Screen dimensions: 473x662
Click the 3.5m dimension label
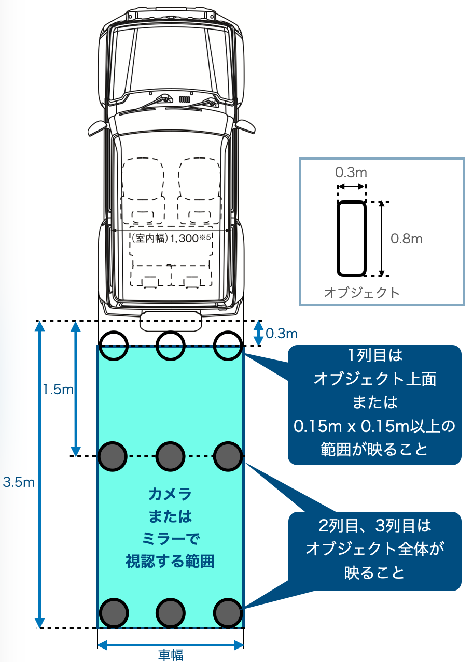coord(19,482)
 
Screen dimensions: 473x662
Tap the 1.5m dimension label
coord(58,389)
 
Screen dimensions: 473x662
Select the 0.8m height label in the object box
coord(407,238)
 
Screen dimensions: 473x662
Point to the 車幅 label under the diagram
coord(171,655)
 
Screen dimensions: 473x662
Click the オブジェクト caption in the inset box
coord(361,293)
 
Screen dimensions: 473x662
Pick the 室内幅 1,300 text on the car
coord(171,238)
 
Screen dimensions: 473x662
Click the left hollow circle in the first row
coord(114,346)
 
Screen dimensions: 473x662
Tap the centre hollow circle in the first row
coord(171,346)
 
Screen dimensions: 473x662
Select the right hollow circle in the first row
coord(228,346)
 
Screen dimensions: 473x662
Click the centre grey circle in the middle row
coord(171,456)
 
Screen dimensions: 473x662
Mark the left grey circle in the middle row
coord(113,456)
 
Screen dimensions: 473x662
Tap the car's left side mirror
coord(97,128)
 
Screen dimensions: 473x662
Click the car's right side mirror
coord(245,127)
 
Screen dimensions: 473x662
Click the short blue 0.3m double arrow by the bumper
coord(259,333)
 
